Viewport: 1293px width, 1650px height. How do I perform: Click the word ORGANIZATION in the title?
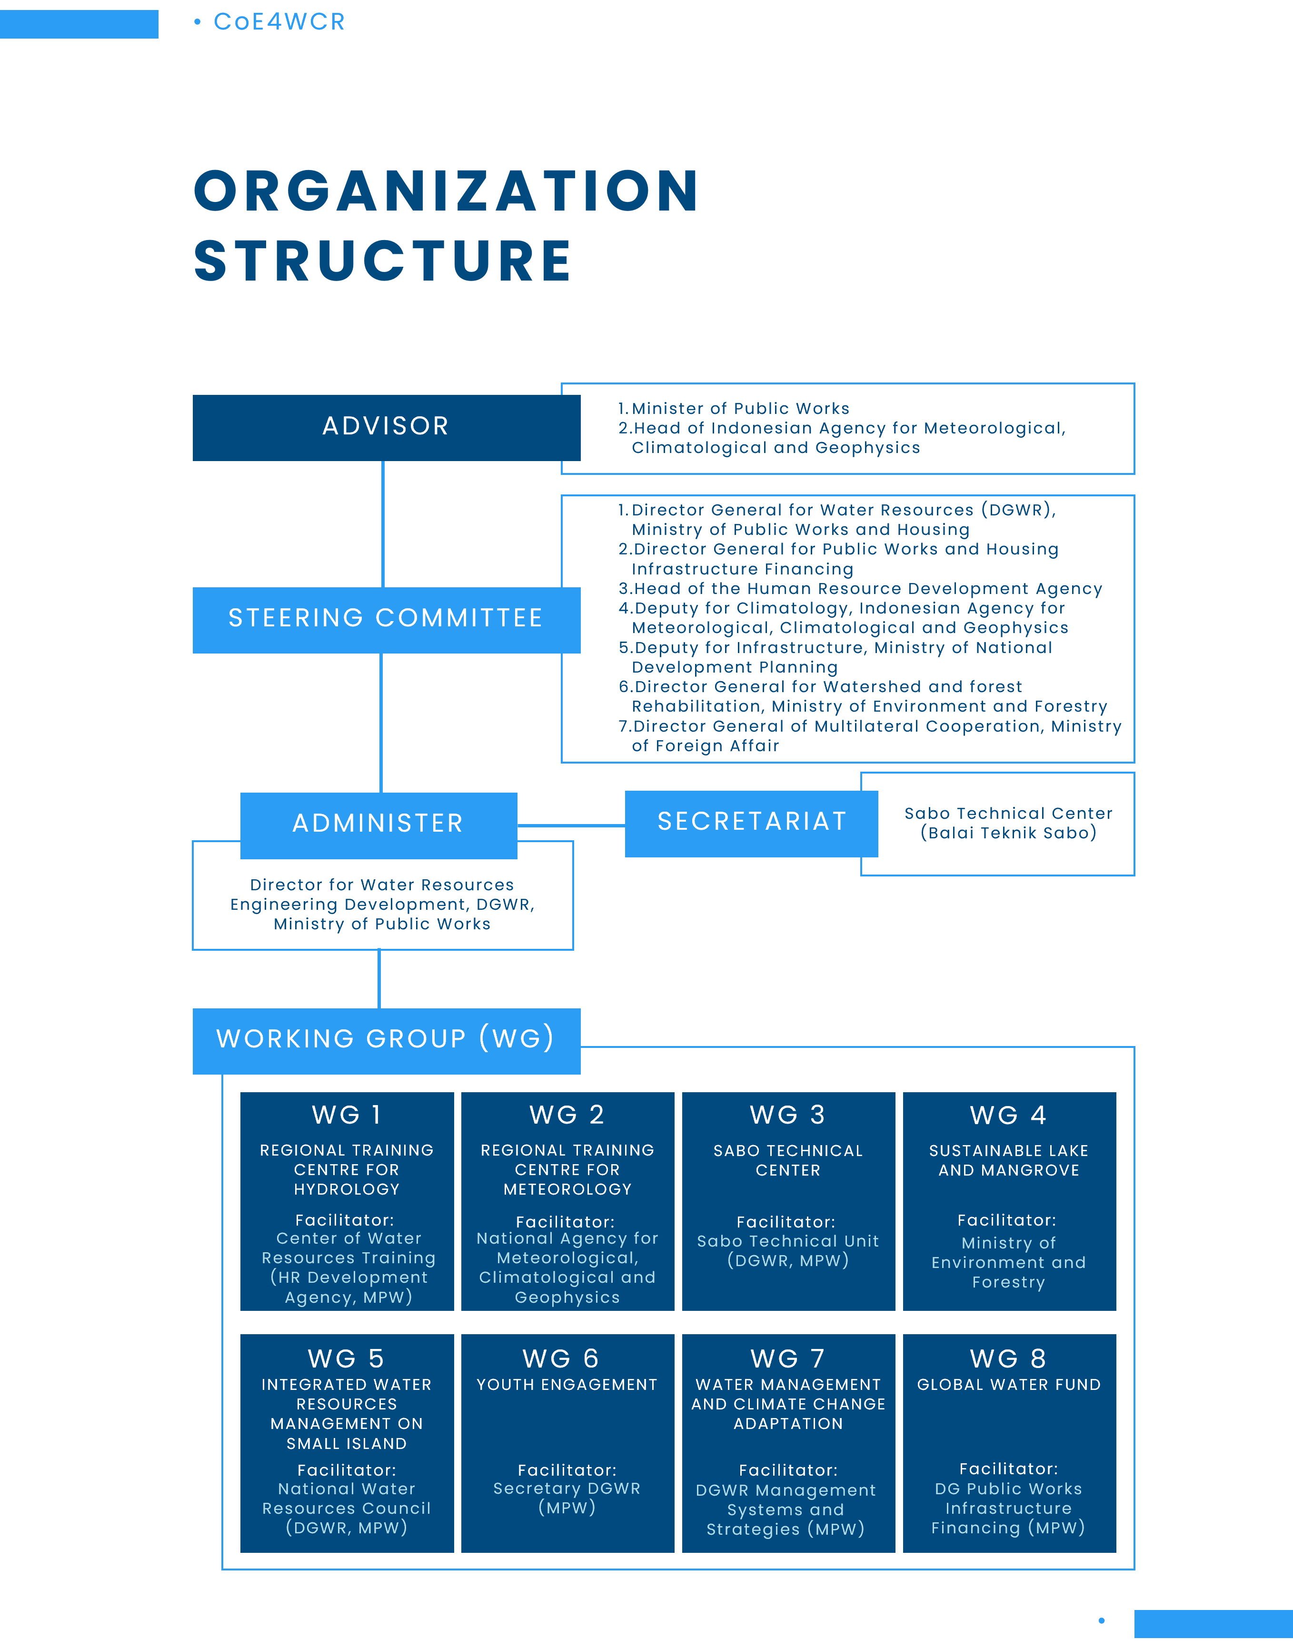[x=447, y=191]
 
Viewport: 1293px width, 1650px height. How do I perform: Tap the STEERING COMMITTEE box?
[x=386, y=619]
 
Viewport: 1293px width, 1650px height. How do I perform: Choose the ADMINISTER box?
[x=378, y=824]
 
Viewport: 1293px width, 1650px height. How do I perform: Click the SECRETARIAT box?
[x=751, y=823]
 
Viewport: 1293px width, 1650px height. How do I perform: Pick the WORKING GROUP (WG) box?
[x=386, y=1040]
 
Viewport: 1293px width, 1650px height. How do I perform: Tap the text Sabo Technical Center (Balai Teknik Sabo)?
[x=1008, y=823]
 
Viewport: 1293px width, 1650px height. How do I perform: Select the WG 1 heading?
[x=347, y=1116]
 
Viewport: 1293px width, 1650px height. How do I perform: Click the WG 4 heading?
[x=1008, y=1116]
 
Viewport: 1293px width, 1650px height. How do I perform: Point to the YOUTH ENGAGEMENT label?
[x=567, y=1385]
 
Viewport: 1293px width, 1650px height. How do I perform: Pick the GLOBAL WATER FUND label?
[x=1008, y=1385]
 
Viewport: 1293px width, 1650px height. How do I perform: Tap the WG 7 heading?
[x=787, y=1359]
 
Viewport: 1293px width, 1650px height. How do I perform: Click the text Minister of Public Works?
[x=740, y=409]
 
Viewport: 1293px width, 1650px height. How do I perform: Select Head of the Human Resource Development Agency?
[x=867, y=589]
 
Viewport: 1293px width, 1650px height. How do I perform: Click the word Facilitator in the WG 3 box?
[x=786, y=1222]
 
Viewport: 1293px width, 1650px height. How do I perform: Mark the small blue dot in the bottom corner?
[x=1102, y=1620]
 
